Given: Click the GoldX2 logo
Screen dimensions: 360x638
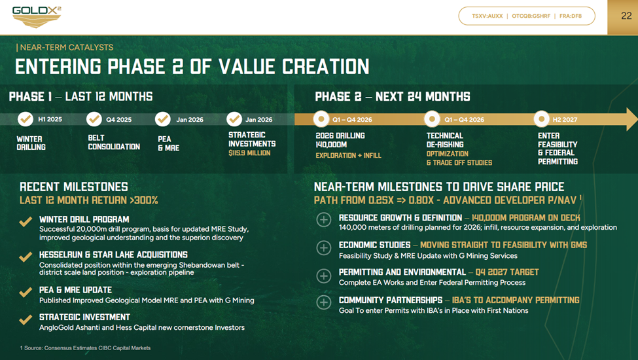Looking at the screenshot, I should click(36, 16).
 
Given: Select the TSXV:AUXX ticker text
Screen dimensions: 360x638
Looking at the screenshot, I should click(487, 16).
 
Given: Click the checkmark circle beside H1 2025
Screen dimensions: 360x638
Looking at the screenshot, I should click(26, 119).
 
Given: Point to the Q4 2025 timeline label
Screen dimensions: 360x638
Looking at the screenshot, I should click(118, 120).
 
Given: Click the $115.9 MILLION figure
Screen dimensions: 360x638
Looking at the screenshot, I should click(249, 153).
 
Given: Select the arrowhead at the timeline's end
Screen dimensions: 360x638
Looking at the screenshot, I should click(631, 119).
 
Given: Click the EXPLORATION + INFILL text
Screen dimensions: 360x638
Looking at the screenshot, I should click(348, 156).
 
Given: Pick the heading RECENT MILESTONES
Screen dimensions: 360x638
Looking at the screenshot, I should click(74, 187).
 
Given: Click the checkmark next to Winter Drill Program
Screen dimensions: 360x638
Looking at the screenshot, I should click(26, 223).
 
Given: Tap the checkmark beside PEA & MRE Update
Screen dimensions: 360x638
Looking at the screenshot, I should click(26, 293).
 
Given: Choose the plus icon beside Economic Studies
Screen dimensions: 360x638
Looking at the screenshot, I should click(324, 247).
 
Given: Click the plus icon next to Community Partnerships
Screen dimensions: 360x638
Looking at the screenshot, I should click(324, 302).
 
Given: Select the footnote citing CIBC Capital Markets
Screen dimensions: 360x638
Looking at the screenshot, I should click(85, 348).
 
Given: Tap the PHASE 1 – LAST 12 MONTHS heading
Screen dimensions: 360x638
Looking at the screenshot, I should click(80, 97).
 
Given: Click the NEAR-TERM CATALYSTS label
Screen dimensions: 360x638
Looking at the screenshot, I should click(66, 47).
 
